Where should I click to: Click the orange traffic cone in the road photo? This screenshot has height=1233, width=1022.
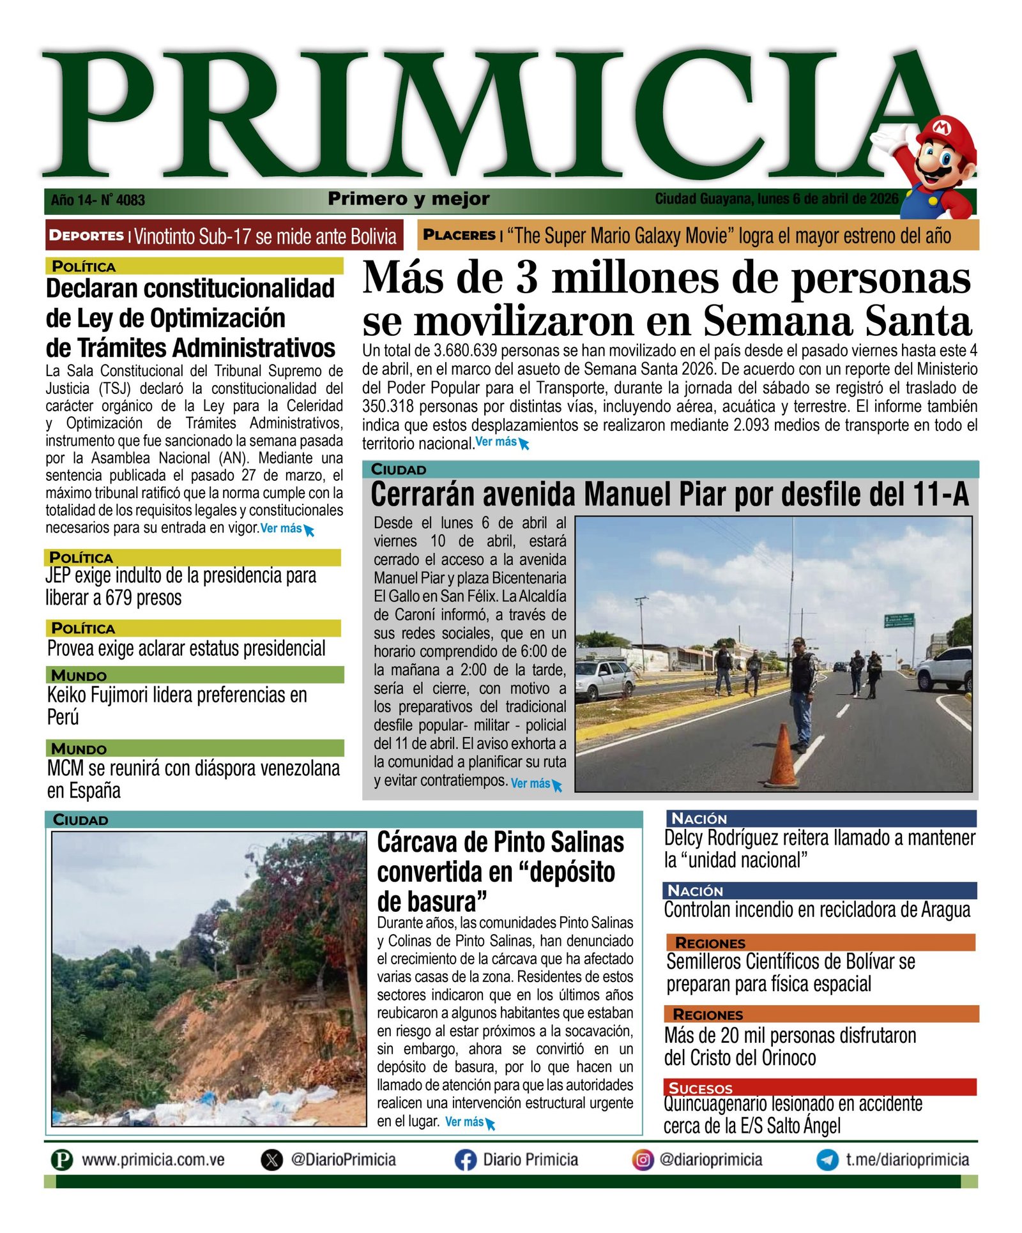point(782,757)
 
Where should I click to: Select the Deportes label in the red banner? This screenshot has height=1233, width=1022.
point(86,236)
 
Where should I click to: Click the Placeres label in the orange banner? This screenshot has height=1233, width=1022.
point(459,235)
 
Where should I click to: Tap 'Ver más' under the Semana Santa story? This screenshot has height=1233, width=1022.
point(496,442)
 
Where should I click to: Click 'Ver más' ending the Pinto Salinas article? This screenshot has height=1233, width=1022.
point(464,1122)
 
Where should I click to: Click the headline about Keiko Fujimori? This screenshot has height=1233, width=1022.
point(177,706)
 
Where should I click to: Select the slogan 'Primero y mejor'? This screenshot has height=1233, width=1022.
point(409,199)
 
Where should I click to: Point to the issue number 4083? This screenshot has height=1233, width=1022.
point(130,200)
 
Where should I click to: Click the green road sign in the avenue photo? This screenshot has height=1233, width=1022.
point(899,620)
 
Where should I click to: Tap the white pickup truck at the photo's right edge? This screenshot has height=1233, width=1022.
point(945,668)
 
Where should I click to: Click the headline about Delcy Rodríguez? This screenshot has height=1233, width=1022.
point(820,849)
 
